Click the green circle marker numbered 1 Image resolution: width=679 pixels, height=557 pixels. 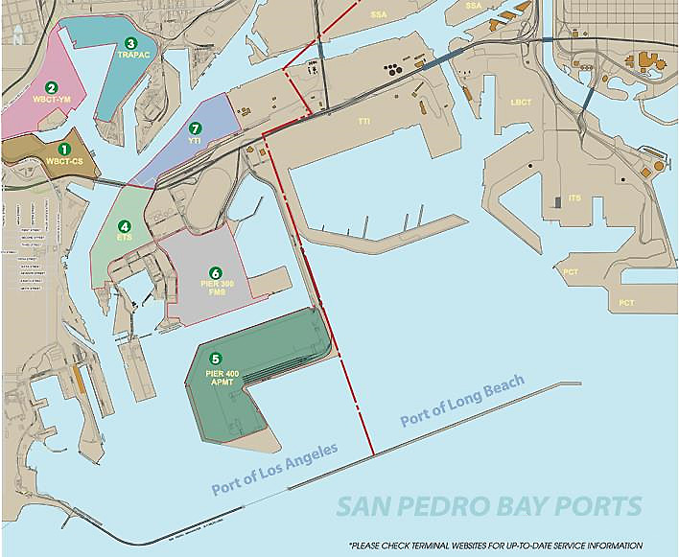point(64,149)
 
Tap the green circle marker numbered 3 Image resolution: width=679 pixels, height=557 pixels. point(130,43)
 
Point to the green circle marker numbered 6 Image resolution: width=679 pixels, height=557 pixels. point(216,273)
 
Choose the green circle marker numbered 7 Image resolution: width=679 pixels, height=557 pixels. point(196,128)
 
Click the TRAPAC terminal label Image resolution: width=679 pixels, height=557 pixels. point(129,56)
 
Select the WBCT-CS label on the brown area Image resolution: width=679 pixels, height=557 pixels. point(64,161)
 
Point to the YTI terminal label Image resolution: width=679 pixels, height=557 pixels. point(196,140)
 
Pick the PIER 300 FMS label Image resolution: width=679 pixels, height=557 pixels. point(217,290)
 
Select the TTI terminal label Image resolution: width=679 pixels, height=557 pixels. point(364,122)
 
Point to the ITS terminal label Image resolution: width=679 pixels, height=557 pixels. point(574,197)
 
